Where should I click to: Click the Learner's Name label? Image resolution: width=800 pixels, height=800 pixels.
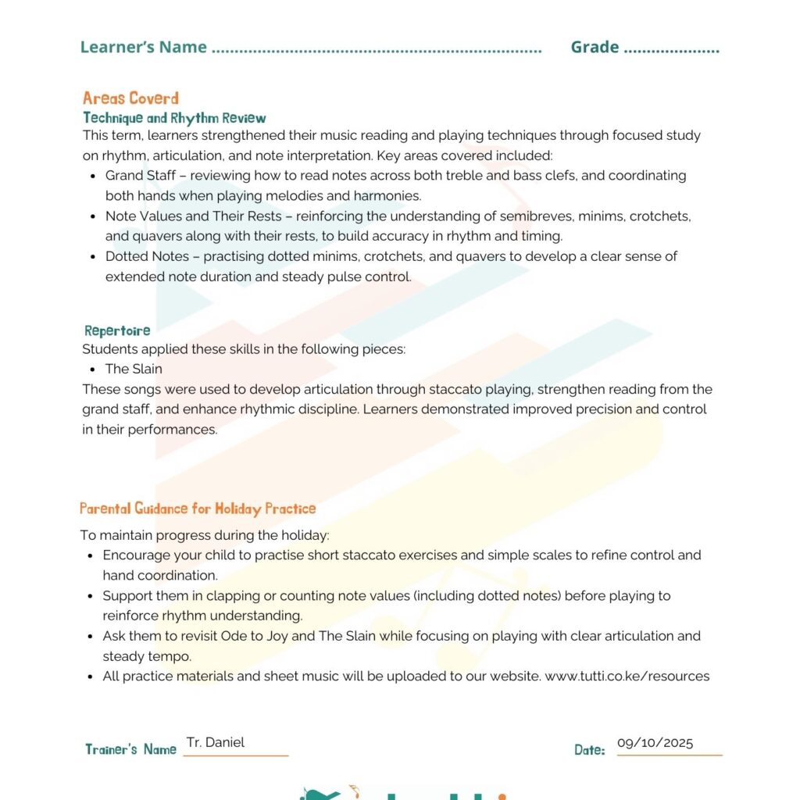pos(144,47)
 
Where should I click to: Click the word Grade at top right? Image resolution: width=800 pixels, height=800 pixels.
pos(595,47)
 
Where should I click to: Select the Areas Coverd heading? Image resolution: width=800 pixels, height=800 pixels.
pos(130,98)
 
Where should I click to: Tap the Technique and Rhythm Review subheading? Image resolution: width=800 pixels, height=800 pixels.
pos(174,118)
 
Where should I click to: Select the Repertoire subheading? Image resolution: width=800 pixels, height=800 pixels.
pos(117,330)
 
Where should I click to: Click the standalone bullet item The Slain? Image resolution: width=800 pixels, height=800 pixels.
pos(134,369)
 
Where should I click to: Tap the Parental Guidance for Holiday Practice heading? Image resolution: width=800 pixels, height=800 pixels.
pos(198,509)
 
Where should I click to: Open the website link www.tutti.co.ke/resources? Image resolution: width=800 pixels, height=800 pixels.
pos(627,677)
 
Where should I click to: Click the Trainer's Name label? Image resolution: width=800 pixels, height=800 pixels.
pos(131,750)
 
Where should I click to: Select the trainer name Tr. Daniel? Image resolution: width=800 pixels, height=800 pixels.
pos(216,742)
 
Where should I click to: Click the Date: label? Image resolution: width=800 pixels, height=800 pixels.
pos(590,750)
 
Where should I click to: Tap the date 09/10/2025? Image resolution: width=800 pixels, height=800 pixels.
pos(655,743)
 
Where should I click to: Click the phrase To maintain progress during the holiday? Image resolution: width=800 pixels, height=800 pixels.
pos(205,535)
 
